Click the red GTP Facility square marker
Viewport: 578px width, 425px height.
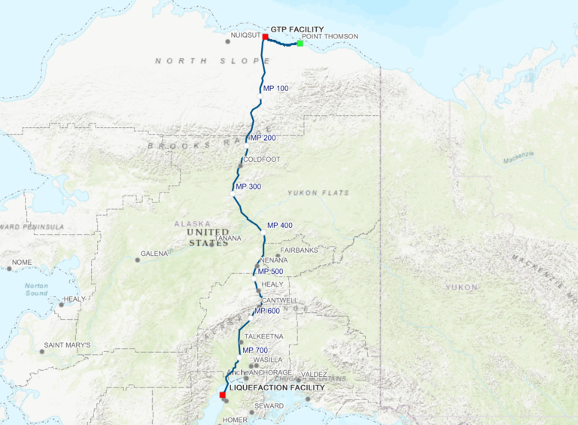266,36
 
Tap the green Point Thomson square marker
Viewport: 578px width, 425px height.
300,43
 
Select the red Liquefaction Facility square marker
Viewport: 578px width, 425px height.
222,394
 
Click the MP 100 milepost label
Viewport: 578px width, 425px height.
275,89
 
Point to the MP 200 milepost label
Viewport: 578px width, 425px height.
263,138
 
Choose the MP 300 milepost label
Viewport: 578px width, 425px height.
248,186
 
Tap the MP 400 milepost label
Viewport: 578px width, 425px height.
280,226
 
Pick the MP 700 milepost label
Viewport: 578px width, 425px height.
256,351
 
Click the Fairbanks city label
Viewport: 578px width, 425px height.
300,250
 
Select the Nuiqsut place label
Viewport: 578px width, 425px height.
245,35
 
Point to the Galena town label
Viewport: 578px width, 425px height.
154,253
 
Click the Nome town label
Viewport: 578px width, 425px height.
21,262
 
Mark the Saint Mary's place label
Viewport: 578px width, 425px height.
67,345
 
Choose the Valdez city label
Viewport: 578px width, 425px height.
313,374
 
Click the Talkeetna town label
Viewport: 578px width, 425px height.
265,336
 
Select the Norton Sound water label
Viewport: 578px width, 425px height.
36,290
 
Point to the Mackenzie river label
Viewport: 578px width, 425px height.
519,157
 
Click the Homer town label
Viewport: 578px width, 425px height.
235,420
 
